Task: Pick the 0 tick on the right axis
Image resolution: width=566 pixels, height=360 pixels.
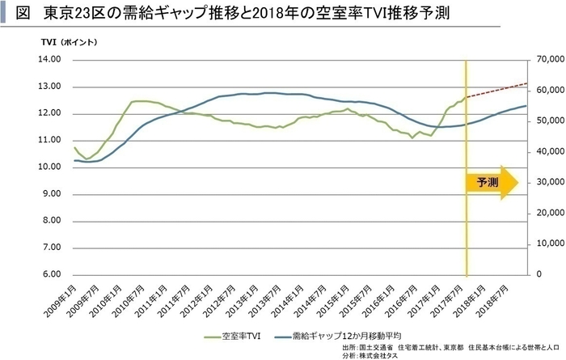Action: click(x=537, y=275)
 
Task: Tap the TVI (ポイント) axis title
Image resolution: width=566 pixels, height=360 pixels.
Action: click(x=70, y=40)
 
